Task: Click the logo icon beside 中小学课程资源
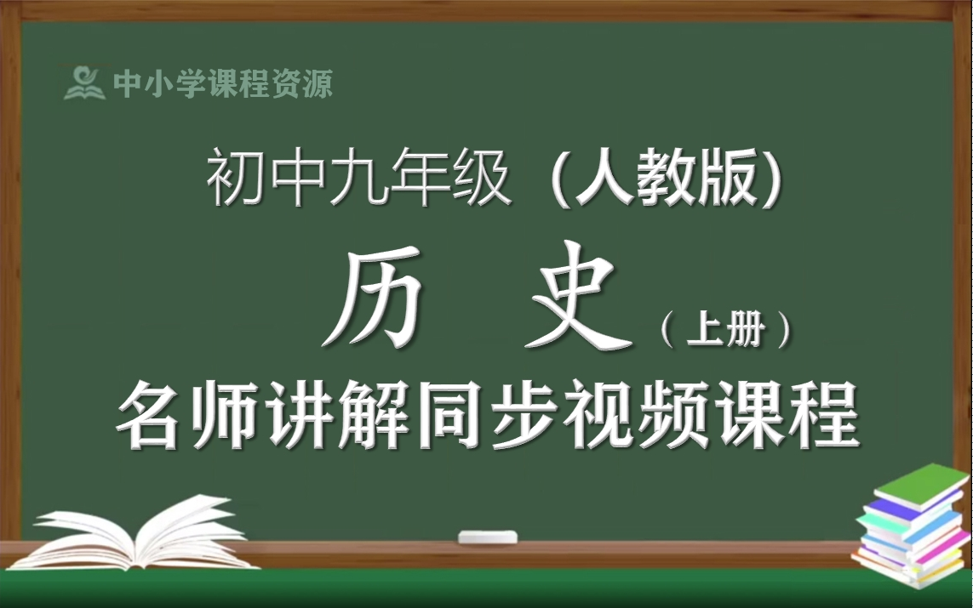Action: point(84,82)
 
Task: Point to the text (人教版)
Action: point(666,182)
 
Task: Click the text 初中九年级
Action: point(358,182)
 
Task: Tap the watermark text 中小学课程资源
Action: point(223,83)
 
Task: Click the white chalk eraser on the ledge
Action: point(488,537)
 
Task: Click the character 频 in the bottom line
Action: point(677,417)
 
